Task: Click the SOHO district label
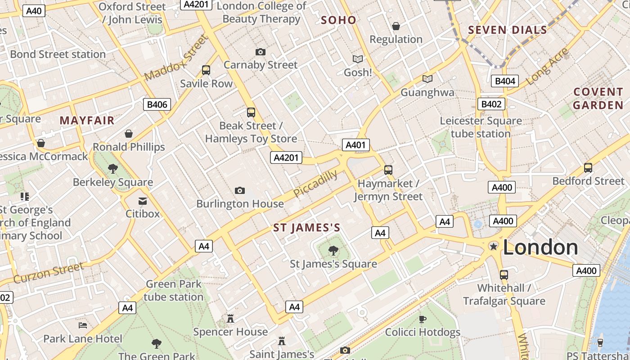click(339, 20)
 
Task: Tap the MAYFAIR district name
click(87, 120)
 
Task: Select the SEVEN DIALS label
click(507, 30)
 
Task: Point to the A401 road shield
click(356, 145)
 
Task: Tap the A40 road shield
click(34, 11)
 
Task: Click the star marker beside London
click(494, 246)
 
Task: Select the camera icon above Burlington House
click(240, 191)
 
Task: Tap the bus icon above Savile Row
click(206, 70)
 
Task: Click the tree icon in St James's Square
click(333, 251)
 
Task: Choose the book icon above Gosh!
click(358, 59)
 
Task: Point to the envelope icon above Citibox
click(143, 201)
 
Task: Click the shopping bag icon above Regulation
click(396, 27)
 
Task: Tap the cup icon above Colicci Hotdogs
click(422, 319)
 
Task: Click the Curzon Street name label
click(49, 274)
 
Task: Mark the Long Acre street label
click(547, 67)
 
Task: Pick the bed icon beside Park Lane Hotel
click(83, 325)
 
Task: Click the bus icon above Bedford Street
click(588, 168)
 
